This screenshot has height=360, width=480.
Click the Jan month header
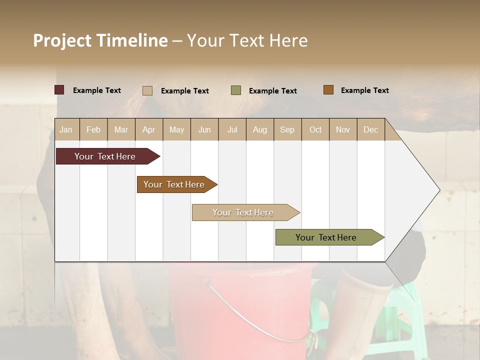click(66, 129)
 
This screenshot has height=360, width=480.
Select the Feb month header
click(93, 129)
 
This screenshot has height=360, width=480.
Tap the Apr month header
click(148, 129)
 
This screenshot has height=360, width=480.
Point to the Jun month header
click(204, 129)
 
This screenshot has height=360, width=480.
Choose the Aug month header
click(259, 129)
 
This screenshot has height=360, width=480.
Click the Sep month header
click(287, 129)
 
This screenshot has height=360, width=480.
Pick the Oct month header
click(315, 129)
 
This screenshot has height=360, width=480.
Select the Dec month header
click(370, 129)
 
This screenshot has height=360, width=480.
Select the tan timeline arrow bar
click(243, 212)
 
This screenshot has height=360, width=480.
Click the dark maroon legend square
click(59, 90)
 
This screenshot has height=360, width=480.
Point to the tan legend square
click(147, 90)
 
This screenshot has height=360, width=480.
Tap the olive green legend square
click(236, 90)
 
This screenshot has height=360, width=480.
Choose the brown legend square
click(328, 90)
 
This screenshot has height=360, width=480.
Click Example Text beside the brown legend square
click(364, 90)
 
